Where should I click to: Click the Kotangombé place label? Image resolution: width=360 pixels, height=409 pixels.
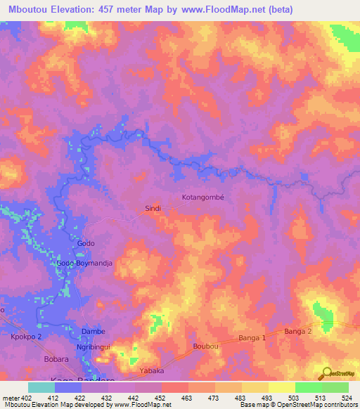[202, 197]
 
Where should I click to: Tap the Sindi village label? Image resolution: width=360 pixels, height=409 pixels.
[153, 209]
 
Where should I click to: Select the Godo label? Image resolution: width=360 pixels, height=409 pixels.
[86, 243]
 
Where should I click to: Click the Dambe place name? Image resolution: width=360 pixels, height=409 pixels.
[94, 331]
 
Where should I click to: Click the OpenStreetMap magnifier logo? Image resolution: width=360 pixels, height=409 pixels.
[326, 373]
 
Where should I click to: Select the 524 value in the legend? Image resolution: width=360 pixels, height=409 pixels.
[348, 398]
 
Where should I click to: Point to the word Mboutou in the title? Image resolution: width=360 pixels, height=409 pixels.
[32, 9]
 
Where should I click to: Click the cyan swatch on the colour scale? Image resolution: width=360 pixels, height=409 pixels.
[41, 387]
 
